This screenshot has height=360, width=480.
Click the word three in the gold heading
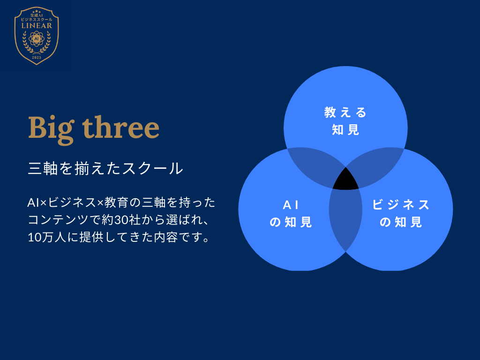[121, 127]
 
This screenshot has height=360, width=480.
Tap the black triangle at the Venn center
[345, 180]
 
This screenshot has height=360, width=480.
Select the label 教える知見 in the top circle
[345, 121]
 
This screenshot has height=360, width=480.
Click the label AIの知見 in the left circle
[291, 213]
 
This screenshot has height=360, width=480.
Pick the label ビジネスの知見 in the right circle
[401, 213]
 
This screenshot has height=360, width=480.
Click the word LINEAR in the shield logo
[37, 26]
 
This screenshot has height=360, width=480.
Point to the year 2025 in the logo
[37, 58]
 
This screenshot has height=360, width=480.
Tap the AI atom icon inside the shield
[37, 39]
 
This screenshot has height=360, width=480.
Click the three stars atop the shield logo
[37, 12]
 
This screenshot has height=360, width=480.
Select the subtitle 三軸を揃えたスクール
[105, 168]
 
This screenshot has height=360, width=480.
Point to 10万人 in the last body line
[47, 237]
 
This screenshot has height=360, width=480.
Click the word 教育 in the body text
[114, 202]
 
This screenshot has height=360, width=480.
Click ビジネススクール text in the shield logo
[37, 19]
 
